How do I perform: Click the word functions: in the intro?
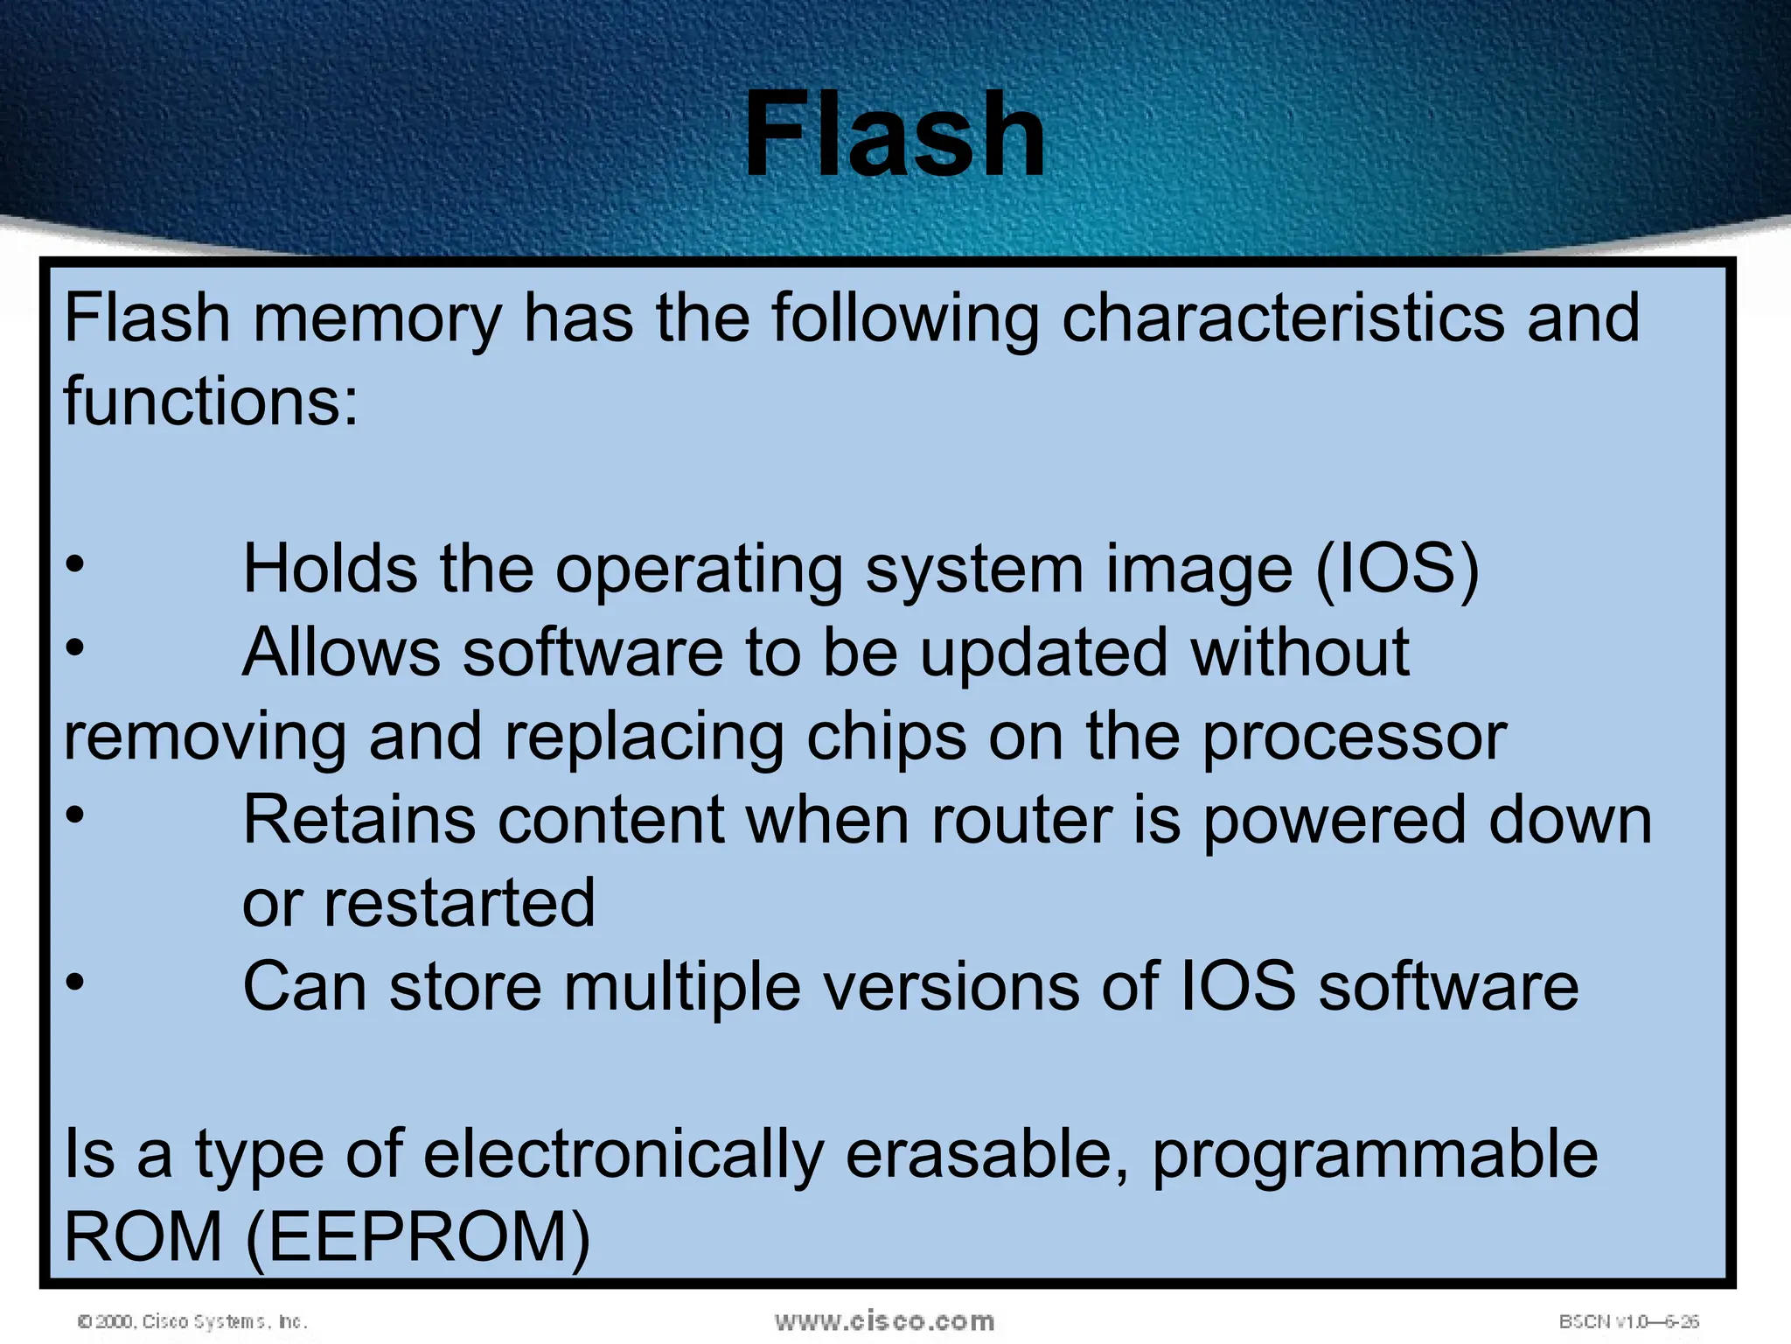tap(211, 401)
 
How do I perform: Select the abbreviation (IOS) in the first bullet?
tap(1397, 569)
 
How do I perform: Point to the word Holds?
tap(329, 569)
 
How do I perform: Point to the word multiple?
tap(682, 987)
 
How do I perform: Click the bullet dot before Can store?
tap(75, 982)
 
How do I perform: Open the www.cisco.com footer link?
tap(884, 1320)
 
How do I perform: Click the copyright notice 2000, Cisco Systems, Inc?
tap(192, 1321)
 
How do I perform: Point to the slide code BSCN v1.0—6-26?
tap(1628, 1321)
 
